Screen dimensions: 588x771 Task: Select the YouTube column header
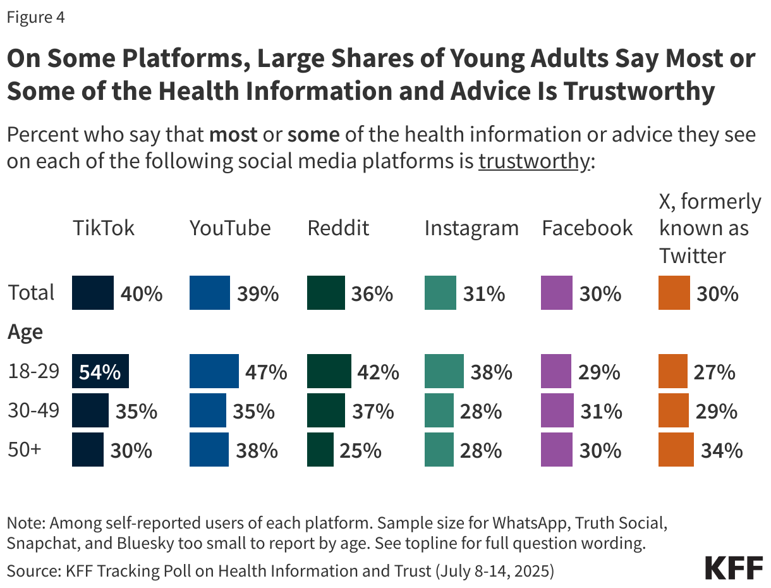point(230,228)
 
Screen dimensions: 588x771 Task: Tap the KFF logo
point(734,568)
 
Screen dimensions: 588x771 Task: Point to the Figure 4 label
point(35,18)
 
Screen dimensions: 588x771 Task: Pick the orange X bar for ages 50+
point(676,450)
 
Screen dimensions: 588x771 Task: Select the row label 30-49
point(33,411)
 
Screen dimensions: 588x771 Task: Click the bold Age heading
point(25,332)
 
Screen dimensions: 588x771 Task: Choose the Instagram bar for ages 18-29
point(444,372)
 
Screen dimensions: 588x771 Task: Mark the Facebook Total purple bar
point(557,293)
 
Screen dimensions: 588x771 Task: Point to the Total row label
point(31,293)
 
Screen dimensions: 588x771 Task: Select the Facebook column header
point(587,228)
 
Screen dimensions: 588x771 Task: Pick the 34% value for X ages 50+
point(721,450)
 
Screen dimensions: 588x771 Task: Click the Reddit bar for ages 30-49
point(326,411)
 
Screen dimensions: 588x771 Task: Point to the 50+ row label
point(25,450)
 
